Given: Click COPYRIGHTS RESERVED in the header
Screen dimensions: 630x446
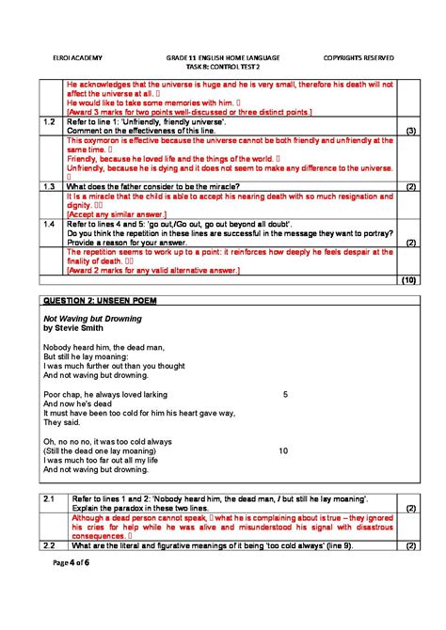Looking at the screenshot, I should point(358,57).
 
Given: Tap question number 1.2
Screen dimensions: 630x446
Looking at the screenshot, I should point(51,122).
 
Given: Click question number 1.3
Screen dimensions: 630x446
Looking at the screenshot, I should point(51,187).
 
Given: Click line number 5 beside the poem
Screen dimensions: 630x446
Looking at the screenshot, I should point(284,395).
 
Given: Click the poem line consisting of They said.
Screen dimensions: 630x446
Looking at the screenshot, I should point(60,423).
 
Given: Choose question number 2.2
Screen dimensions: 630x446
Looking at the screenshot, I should point(51,545).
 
